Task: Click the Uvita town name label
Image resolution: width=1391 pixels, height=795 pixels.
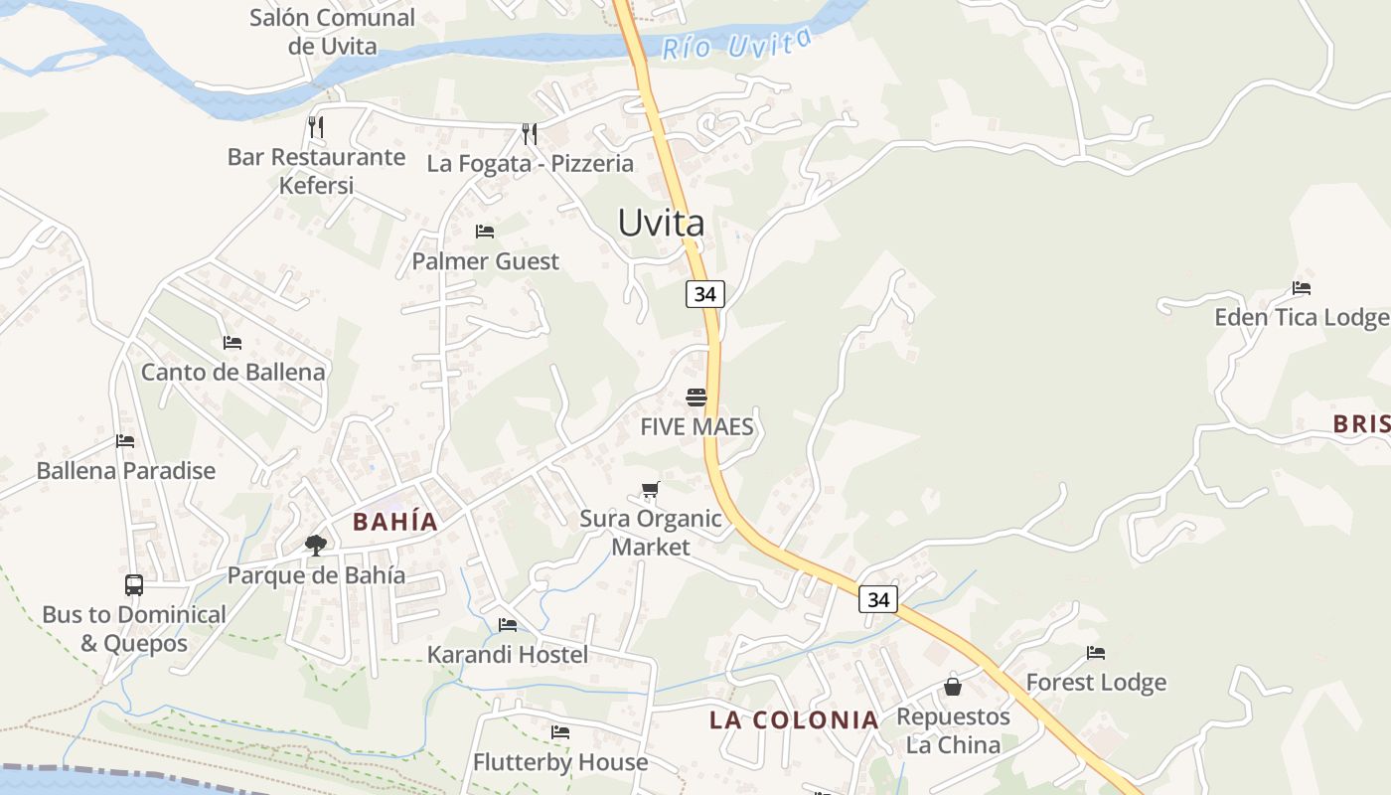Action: [x=661, y=223]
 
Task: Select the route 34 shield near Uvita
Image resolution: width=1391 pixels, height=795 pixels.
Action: [x=704, y=294]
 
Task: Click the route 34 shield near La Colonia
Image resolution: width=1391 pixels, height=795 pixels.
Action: [x=878, y=599]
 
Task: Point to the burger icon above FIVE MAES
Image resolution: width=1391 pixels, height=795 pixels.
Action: [x=695, y=397]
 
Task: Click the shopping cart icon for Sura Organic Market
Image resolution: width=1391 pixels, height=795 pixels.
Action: [x=650, y=489]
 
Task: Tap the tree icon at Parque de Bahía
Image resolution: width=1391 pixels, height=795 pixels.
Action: [x=316, y=545]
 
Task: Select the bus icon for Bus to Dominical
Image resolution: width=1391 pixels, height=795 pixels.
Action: [x=134, y=584]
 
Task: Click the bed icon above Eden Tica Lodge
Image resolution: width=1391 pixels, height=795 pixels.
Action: [x=1302, y=288]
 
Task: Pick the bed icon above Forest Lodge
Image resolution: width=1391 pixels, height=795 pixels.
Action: [x=1096, y=653]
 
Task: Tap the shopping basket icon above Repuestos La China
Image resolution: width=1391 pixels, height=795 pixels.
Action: [x=953, y=686]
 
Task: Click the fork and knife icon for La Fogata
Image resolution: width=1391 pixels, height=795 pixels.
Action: [x=530, y=133]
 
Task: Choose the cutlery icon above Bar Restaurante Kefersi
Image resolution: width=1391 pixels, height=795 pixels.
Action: [x=315, y=126]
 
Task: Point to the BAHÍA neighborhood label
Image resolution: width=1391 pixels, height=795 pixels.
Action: [x=395, y=522]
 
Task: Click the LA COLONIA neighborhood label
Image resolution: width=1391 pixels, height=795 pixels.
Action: [x=794, y=720]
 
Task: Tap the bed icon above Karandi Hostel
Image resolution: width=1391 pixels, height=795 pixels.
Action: [x=508, y=625]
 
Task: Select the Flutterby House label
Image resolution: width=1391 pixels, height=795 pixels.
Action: [x=560, y=762]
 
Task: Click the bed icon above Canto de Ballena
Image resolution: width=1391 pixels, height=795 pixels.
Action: [x=232, y=343]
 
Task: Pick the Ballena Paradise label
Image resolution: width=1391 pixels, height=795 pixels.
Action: [x=126, y=470]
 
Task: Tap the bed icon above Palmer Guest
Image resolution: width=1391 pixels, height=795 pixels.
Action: [x=485, y=232]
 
